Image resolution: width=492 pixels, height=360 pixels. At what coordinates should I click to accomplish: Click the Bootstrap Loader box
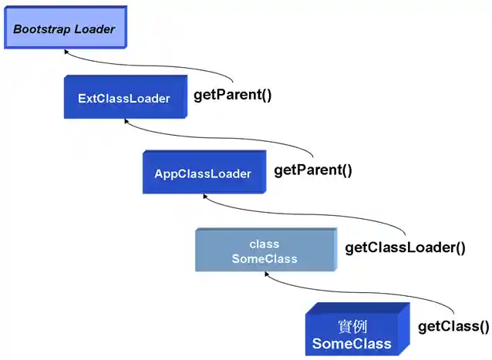tap(63, 29)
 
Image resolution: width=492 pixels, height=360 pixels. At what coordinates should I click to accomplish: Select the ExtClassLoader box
tap(124, 98)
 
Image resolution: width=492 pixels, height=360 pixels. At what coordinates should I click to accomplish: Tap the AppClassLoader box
tap(203, 173)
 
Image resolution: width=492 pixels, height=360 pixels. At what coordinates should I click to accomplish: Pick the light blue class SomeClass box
tap(265, 251)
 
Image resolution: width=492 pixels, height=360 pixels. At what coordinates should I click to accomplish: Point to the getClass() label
tap(453, 326)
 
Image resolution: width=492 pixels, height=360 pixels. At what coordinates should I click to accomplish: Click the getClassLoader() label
tap(405, 247)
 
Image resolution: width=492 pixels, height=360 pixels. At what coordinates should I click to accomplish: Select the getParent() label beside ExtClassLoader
tap(232, 96)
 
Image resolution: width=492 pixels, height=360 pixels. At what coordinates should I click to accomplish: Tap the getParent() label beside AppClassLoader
tap(312, 170)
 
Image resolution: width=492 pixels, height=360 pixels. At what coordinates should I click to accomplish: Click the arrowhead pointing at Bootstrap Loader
tap(66, 52)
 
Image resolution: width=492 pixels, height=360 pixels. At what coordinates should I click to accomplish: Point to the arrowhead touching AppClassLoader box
tap(204, 197)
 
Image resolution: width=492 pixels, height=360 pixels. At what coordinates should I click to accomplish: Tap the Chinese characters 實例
tap(352, 326)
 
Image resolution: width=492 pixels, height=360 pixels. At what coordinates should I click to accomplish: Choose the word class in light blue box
tap(265, 244)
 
